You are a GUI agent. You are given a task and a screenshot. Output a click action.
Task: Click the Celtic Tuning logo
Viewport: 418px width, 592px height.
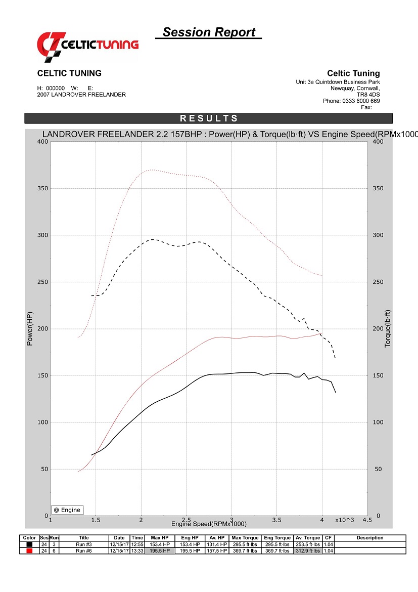tap(87, 44)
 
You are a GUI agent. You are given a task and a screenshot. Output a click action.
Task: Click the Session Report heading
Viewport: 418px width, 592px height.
tap(209, 32)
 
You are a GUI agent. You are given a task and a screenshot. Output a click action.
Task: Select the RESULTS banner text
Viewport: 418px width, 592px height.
tap(209, 118)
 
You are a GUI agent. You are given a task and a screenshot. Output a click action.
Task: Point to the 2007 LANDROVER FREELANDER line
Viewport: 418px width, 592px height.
tap(81, 95)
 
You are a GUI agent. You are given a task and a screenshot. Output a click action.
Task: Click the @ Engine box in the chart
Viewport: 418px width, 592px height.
tap(67, 510)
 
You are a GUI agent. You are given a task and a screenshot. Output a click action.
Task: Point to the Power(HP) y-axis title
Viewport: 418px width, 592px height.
tap(30, 329)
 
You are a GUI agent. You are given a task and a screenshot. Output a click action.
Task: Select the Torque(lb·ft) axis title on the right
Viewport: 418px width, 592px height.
tap(388, 329)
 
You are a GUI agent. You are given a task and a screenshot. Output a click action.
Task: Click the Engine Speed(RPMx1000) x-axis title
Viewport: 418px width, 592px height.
tap(209, 524)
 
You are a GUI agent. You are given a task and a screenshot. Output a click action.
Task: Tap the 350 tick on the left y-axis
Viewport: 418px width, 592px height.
tap(42, 189)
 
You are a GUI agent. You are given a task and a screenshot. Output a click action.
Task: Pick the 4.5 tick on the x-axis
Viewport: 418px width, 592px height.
tap(367, 520)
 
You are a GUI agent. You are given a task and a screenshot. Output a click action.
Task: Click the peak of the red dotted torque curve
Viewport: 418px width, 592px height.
tap(152, 170)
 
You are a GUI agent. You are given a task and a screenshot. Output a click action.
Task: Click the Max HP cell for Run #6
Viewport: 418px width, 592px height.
tap(159, 551)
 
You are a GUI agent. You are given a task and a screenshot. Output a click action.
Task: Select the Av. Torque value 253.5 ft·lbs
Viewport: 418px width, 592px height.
tap(307, 544)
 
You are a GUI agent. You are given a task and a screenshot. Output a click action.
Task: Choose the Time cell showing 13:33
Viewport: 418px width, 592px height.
tap(137, 551)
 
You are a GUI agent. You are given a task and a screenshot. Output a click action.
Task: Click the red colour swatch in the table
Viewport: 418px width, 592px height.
tap(29, 551)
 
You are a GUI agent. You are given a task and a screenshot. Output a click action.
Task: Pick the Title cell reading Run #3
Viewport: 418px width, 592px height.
tap(83, 544)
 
